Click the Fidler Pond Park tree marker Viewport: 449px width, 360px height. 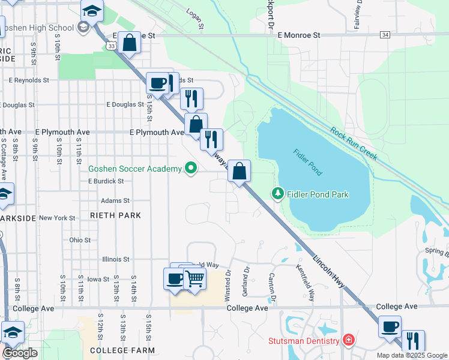point(277,193)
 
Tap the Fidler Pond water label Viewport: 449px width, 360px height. point(308,162)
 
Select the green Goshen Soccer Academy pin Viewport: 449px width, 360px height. point(191,169)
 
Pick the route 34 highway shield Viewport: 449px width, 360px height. point(385,35)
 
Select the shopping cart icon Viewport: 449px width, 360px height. point(195,278)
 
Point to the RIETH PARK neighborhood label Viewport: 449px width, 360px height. point(115,215)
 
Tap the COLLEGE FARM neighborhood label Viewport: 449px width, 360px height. point(122,350)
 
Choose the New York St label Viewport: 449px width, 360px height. point(56,218)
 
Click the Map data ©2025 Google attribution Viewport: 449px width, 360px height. point(411,355)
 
